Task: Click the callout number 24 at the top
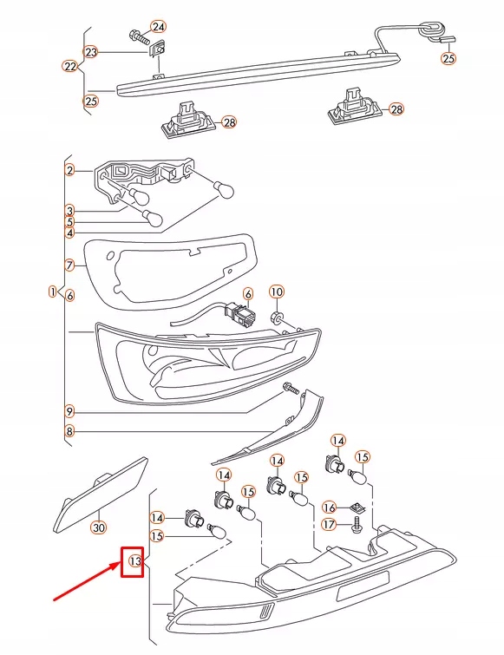click(158, 26)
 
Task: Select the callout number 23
click(91, 52)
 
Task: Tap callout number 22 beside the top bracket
click(70, 66)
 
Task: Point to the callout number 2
click(70, 170)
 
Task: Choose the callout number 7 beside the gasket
click(70, 264)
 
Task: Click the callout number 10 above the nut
click(276, 291)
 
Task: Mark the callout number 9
click(70, 410)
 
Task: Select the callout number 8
click(70, 431)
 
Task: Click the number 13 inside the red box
click(134, 561)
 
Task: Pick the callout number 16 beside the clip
click(329, 508)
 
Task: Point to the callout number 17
click(329, 524)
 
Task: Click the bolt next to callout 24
click(139, 37)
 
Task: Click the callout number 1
click(53, 291)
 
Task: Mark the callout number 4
click(70, 233)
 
